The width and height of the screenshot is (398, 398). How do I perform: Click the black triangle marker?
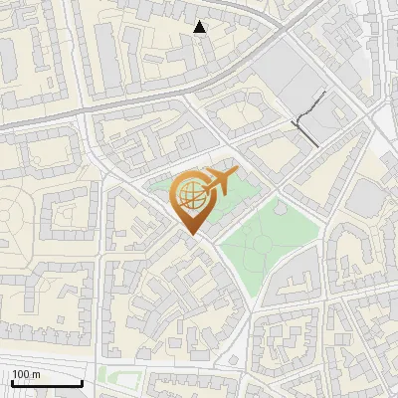pyautogui.click(x=200, y=28)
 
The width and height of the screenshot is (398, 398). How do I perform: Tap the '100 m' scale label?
pyautogui.click(x=26, y=374)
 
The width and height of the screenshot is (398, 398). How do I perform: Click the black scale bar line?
pyautogui.click(x=46, y=383)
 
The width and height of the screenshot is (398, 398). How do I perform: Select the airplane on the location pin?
pyautogui.click(x=218, y=181)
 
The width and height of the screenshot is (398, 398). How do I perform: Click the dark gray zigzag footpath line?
pyautogui.click(x=308, y=122)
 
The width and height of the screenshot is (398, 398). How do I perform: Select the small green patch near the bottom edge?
pyautogui.click(x=117, y=376)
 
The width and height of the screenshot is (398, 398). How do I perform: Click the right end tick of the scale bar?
pyautogui.click(x=82, y=381)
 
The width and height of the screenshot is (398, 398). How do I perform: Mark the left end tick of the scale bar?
pyautogui.click(x=11, y=381)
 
